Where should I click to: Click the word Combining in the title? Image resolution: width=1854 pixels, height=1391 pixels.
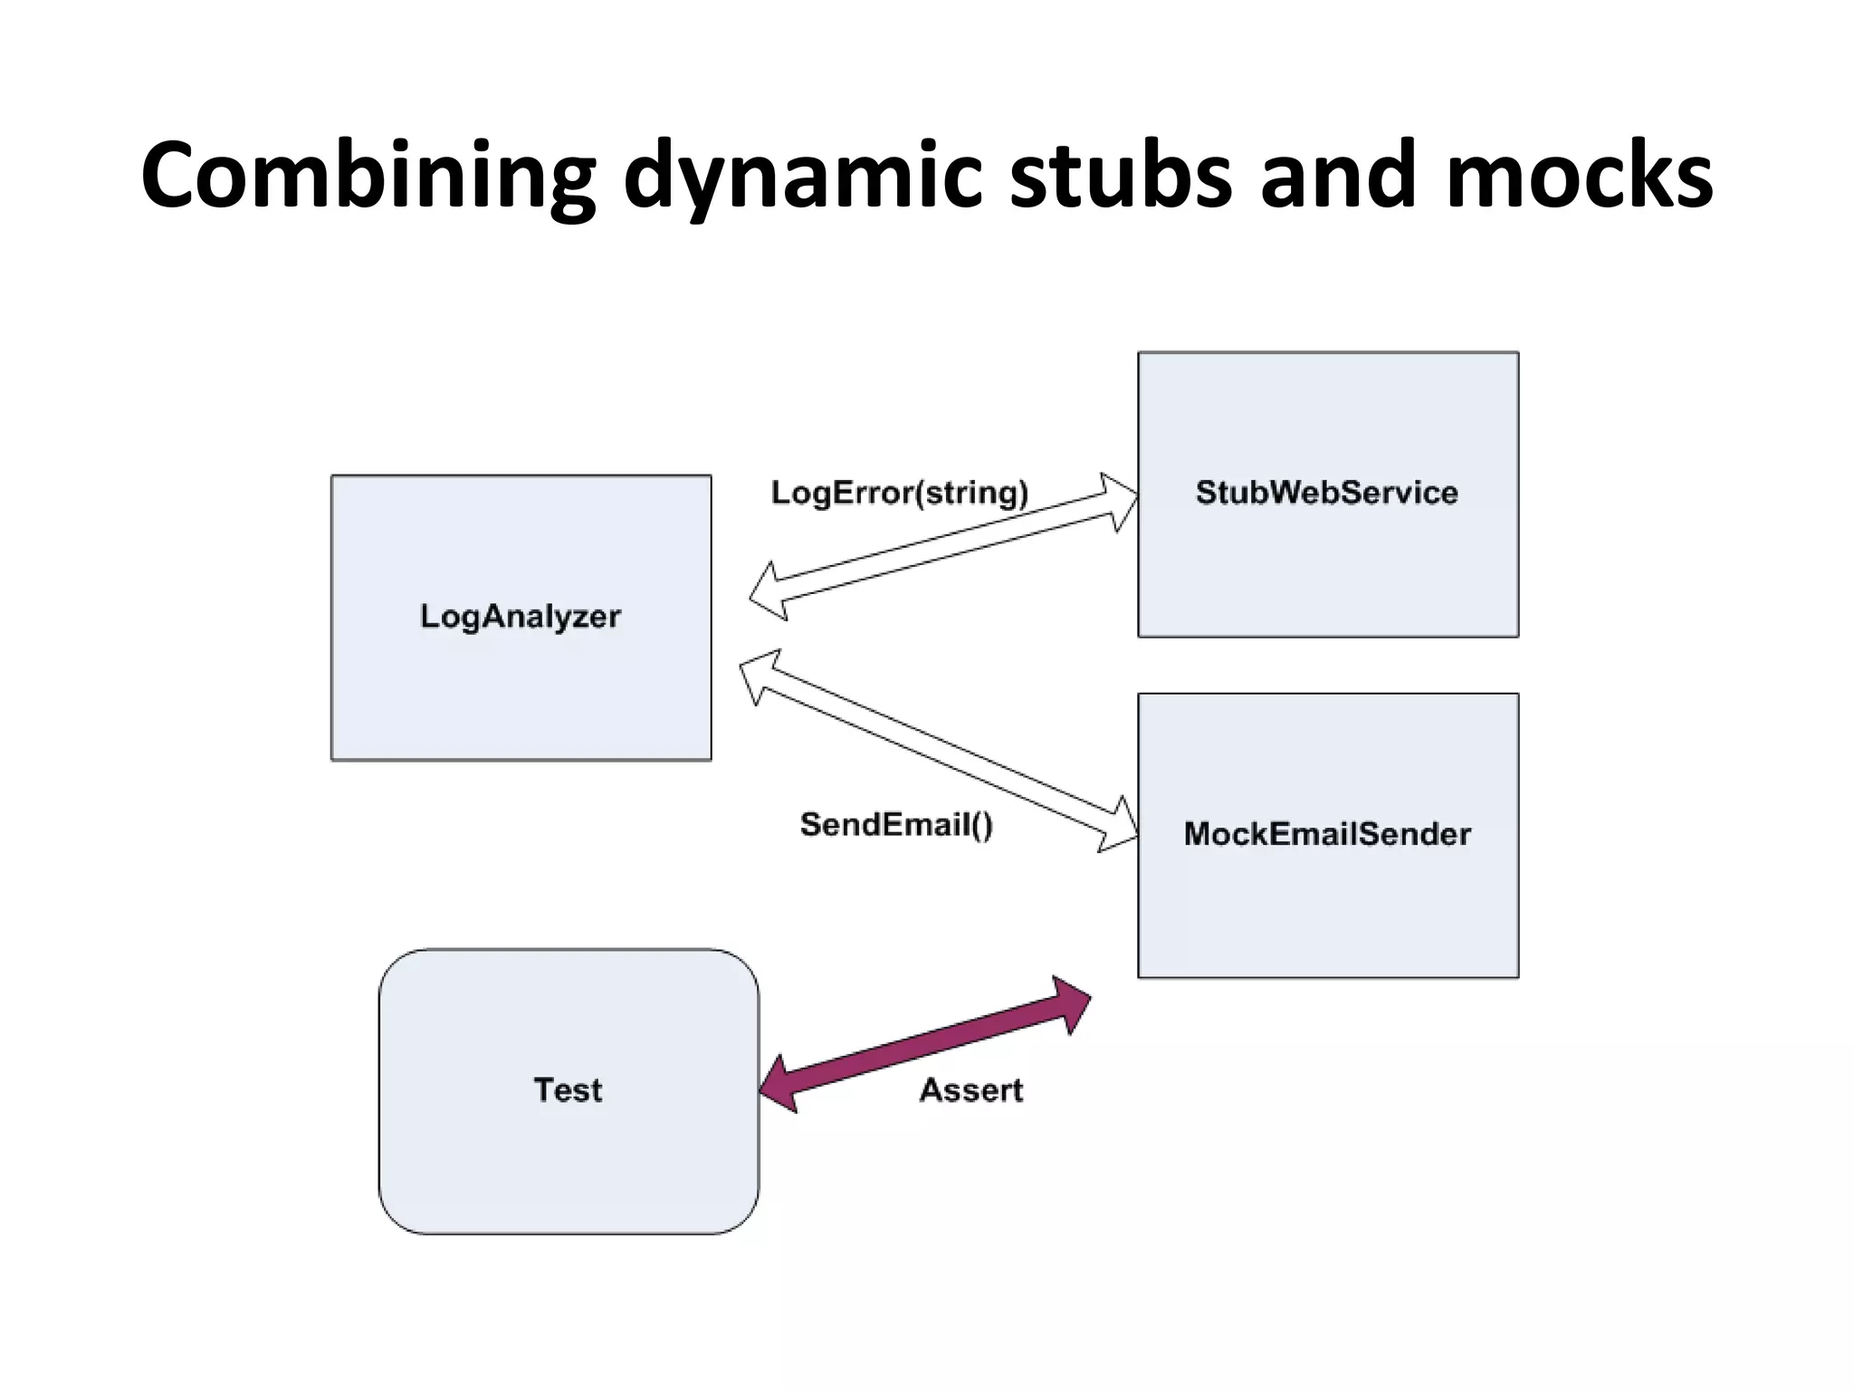pyautogui.click(x=368, y=177)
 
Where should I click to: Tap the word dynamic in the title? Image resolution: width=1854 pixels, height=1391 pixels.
pyautogui.click(x=802, y=177)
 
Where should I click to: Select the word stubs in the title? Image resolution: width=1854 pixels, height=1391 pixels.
pyautogui.click(x=1121, y=177)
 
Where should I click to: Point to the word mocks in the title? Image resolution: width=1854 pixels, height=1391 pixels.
pyautogui.click(x=1579, y=177)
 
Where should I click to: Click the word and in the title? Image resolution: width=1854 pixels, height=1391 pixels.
pyautogui.click(x=1339, y=177)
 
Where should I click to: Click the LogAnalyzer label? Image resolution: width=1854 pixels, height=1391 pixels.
pyautogui.click(x=521, y=617)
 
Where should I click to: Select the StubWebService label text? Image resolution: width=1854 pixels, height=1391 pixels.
pyautogui.click(x=1326, y=493)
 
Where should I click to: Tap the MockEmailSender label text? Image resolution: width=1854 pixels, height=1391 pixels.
pyautogui.click(x=1327, y=834)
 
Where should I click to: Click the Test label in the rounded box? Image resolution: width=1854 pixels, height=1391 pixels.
pyautogui.click(x=568, y=1089)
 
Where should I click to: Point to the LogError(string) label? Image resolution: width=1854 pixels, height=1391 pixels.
pyautogui.click(x=899, y=493)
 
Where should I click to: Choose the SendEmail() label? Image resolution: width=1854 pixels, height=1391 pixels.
pyautogui.click(x=896, y=824)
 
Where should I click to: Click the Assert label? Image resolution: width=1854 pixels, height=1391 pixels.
pyautogui.click(x=970, y=1089)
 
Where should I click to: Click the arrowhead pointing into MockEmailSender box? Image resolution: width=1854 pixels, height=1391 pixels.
pyautogui.click(x=1119, y=825)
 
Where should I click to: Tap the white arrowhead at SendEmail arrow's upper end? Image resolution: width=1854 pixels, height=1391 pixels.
pyautogui.click(x=759, y=676)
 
